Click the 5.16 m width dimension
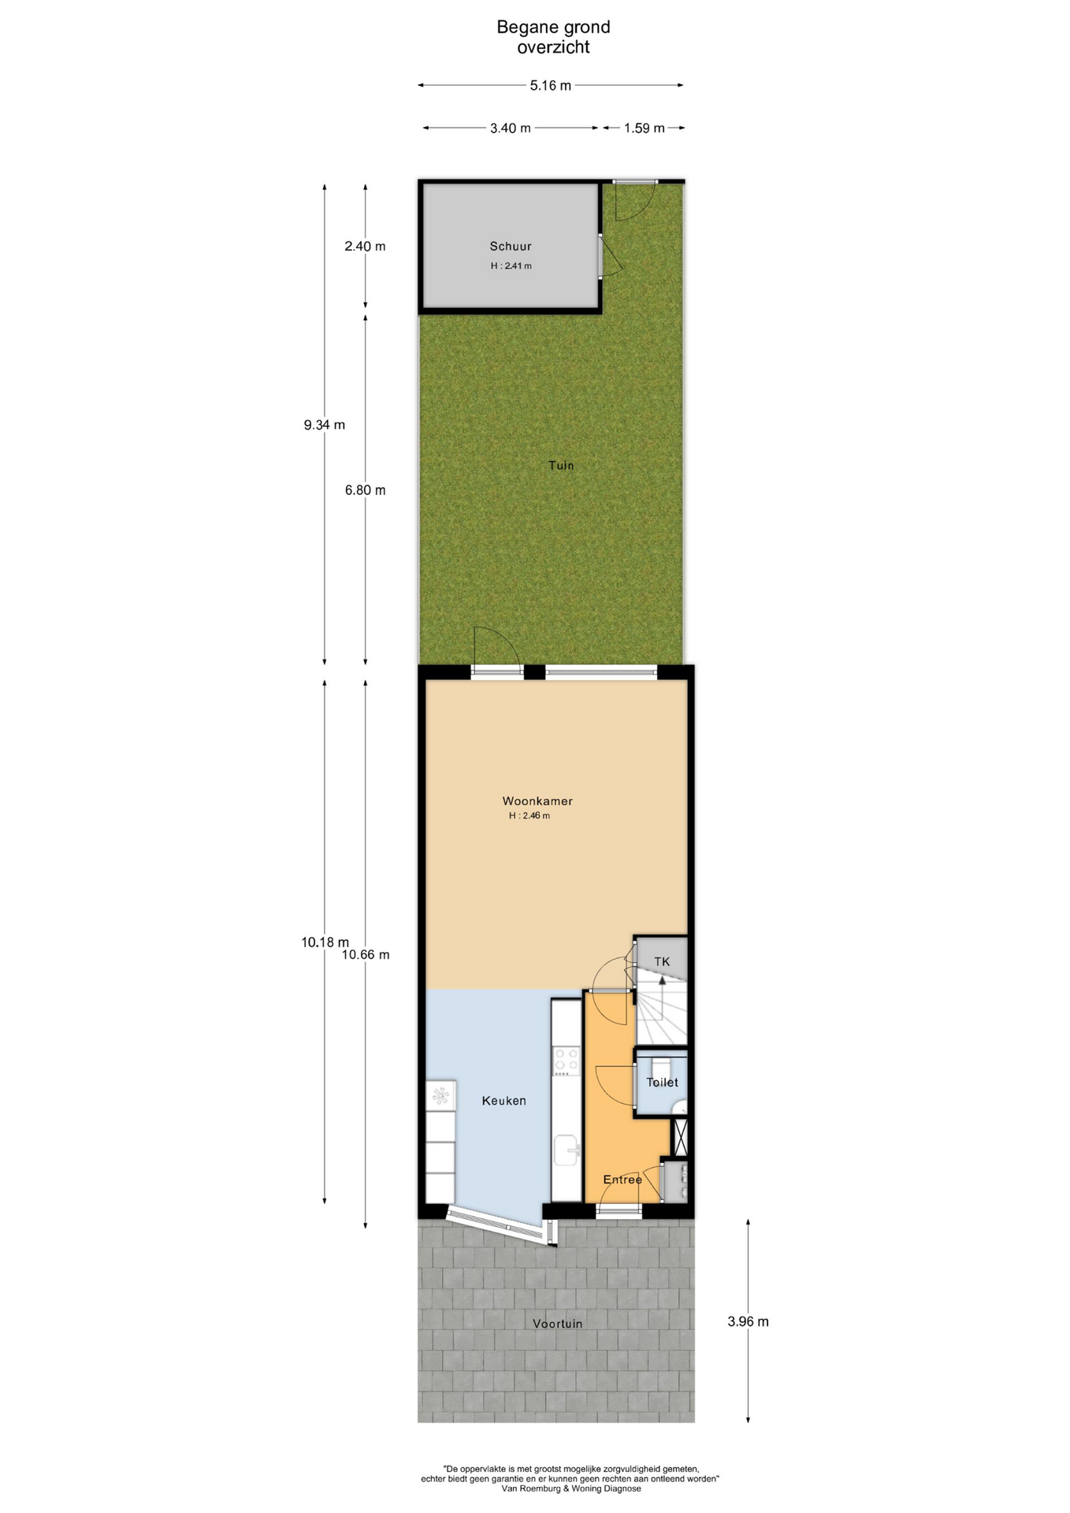point(550,85)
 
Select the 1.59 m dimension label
point(644,128)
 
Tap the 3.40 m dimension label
point(510,128)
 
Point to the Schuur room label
point(511,246)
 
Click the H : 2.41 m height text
point(511,266)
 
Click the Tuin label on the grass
point(561,465)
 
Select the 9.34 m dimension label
point(325,425)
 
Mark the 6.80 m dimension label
point(365,490)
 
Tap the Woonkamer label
point(537,801)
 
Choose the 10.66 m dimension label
point(366,954)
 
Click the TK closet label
point(662,961)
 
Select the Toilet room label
point(662,1082)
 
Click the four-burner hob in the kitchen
point(566,1061)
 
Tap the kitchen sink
point(566,1150)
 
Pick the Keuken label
point(503,1100)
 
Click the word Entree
point(622,1179)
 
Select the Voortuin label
point(557,1323)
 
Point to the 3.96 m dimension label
point(748,1322)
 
